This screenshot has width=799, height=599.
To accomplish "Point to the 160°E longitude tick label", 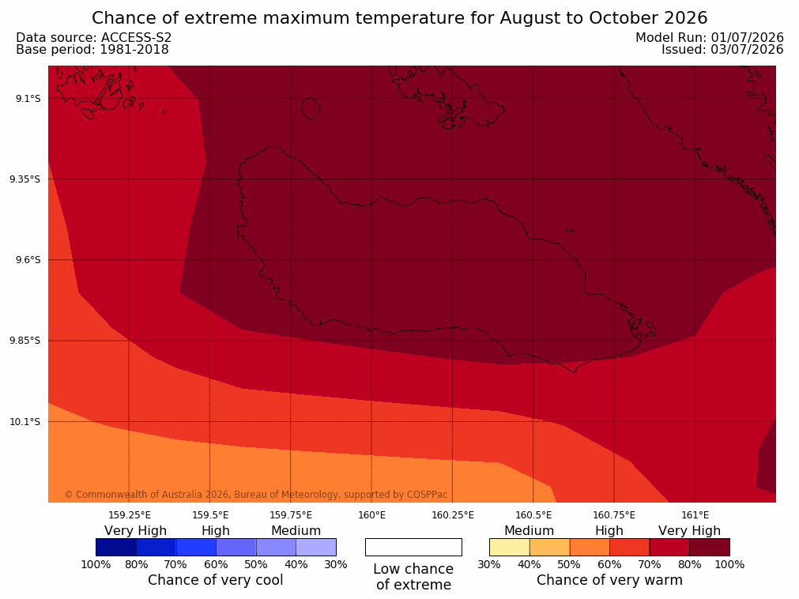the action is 371,515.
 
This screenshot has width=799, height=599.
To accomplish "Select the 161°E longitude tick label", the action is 695,515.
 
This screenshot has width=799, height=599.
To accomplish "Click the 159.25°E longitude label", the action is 130,515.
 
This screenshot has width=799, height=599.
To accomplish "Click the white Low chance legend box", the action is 413,547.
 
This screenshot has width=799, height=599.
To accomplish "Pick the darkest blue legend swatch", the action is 116,547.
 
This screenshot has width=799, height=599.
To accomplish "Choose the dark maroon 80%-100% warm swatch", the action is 710,547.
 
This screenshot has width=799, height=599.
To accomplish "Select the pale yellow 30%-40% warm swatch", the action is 509,547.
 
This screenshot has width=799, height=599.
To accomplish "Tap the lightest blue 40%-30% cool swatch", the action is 316,547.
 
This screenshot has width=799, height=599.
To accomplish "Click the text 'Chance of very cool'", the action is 215,580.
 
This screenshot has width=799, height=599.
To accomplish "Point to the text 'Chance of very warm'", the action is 609,580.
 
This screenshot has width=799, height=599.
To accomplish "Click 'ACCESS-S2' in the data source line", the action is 136,38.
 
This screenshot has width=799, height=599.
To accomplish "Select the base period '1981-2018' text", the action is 134,50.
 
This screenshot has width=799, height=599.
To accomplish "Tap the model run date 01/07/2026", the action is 747,38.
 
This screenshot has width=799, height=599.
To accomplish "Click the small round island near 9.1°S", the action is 311,108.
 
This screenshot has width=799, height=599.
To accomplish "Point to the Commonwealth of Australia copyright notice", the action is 256,494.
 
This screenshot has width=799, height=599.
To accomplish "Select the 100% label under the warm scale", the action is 729,564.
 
